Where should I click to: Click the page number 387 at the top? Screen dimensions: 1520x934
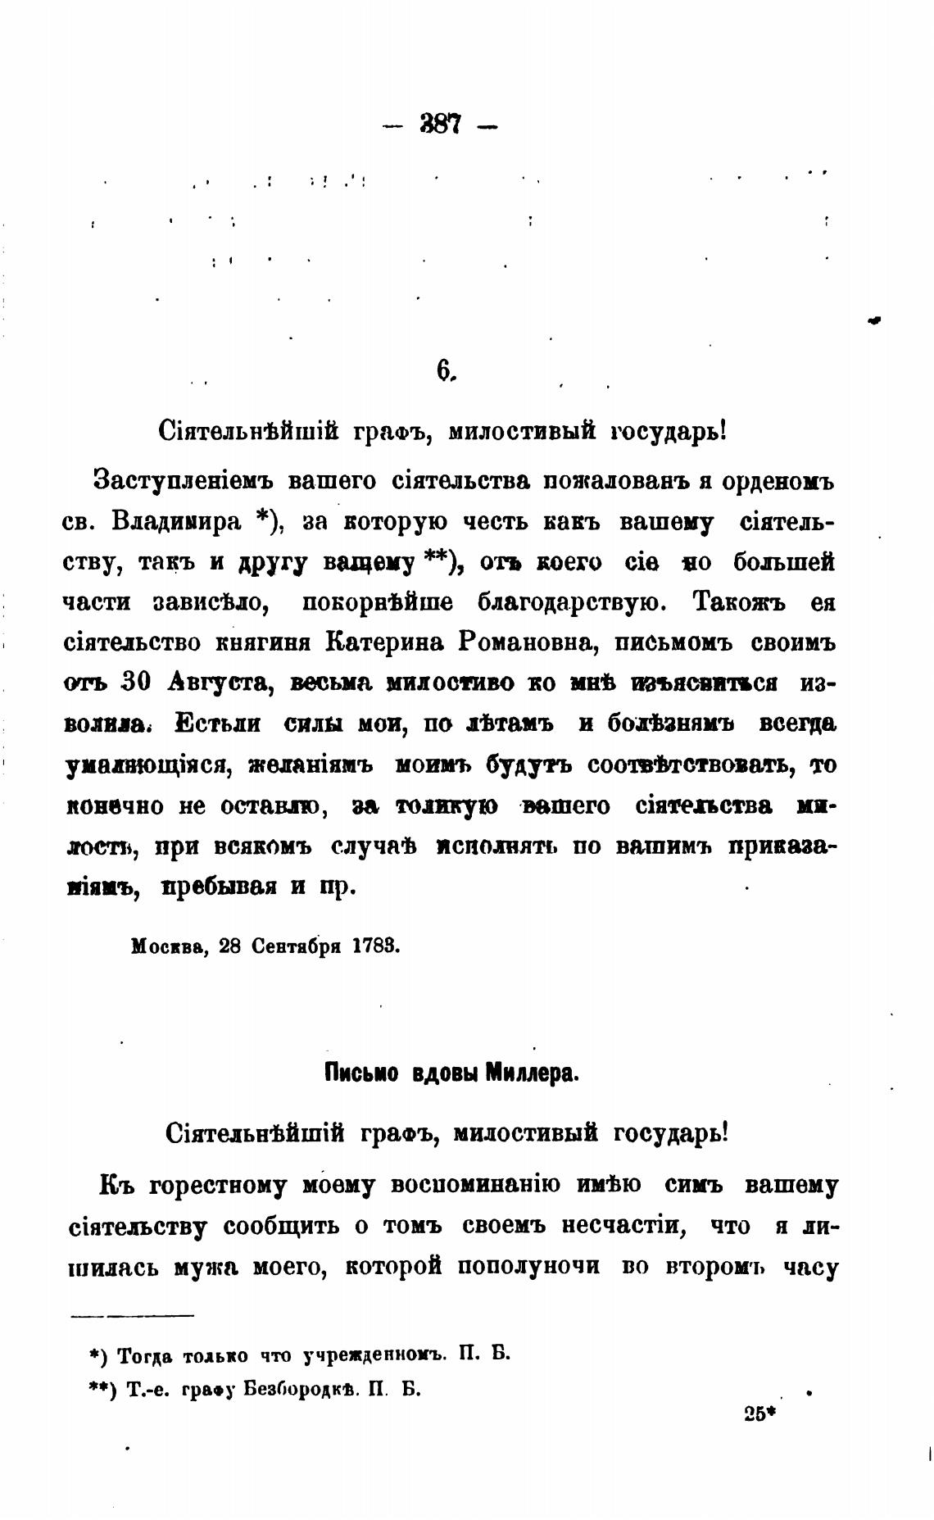coord(441,125)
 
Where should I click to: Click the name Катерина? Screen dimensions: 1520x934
coord(385,642)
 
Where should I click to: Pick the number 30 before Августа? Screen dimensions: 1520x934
coord(135,683)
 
